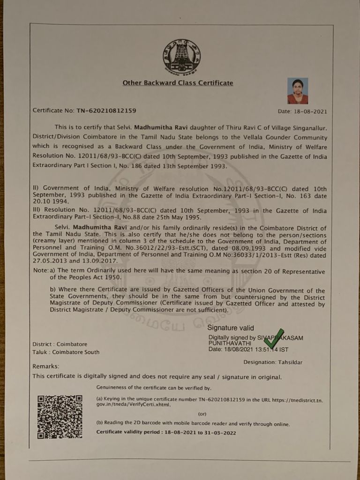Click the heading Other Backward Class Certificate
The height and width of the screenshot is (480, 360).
click(178, 83)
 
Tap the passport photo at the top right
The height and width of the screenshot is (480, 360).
click(298, 91)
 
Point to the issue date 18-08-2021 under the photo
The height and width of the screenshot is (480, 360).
click(309, 112)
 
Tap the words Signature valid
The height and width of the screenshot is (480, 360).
click(231, 328)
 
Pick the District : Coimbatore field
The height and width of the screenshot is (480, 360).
click(60, 344)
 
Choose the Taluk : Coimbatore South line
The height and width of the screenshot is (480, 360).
click(66, 352)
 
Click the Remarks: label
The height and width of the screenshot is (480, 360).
click(46, 366)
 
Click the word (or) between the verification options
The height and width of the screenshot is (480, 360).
click(202, 414)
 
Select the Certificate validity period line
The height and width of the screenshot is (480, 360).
click(166, 433)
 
